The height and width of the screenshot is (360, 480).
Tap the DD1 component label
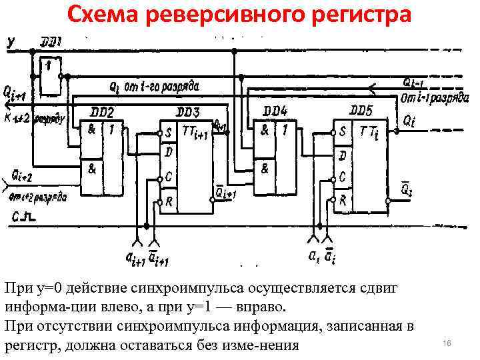(51, 42)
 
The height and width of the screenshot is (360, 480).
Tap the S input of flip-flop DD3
(169, 132)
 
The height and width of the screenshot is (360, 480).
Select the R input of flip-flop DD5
(343, 199)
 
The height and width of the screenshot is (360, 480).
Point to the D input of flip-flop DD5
(343, 156)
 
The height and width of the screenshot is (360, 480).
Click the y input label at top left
(11, 42)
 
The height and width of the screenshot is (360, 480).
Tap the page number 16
(447, 343)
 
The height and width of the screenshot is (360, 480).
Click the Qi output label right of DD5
(409, 121)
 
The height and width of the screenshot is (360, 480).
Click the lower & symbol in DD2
(91, 170)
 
